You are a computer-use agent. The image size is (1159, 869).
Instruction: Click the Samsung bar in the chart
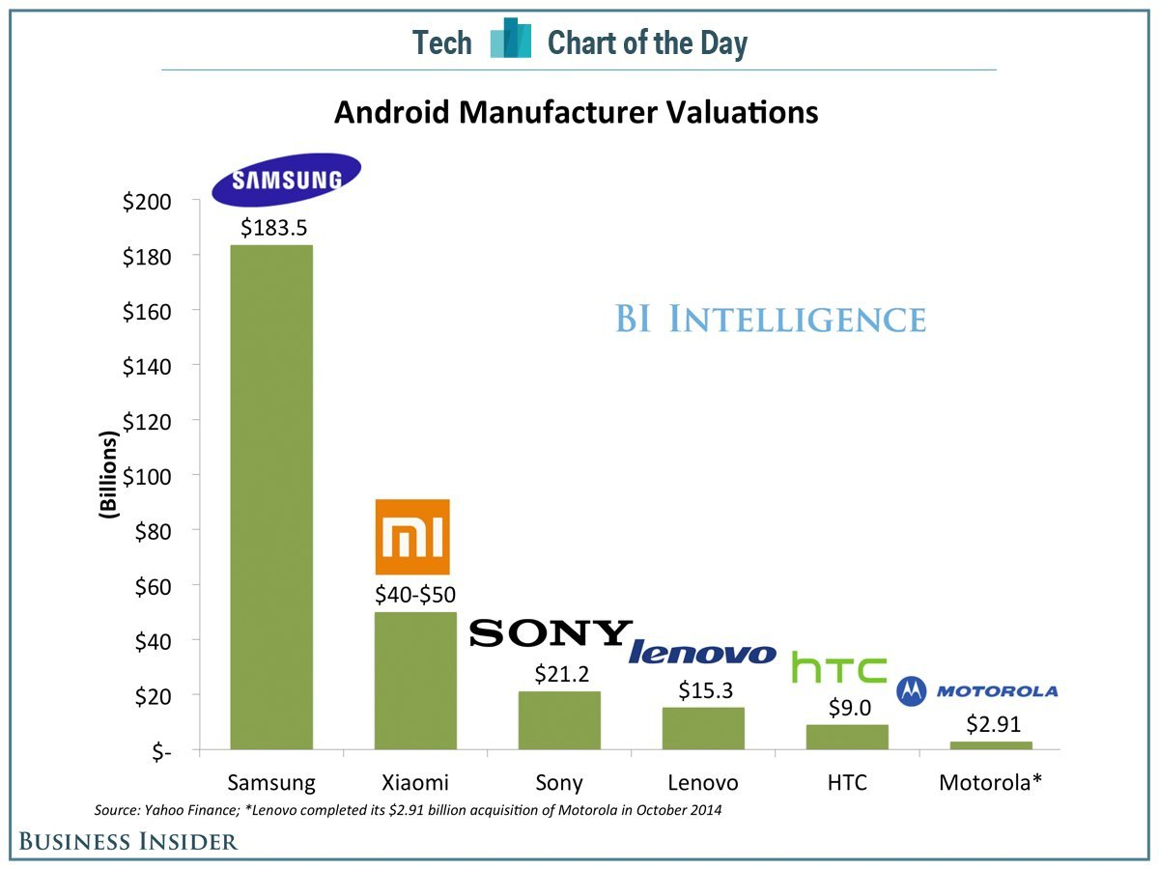coord(270,497)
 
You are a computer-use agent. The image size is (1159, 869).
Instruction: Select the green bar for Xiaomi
coord(415,681)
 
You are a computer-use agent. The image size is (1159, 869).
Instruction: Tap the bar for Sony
coord(559,720)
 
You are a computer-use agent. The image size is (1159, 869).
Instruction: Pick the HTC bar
coord(847,737)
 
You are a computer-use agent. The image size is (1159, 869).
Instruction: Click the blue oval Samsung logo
coord(286,180)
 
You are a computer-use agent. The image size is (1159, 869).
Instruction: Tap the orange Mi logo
coord(412,537)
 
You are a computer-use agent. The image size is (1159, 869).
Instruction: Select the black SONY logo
coord(551,632)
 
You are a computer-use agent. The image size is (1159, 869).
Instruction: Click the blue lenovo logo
coord(702,654)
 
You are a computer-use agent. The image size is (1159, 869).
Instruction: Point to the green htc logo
coord(838,667)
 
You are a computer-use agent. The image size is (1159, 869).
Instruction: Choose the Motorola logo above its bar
coord(977,690)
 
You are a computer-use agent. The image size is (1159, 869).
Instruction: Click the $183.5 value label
coord(270,228)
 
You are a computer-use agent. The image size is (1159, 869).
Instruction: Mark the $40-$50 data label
coord(415,595)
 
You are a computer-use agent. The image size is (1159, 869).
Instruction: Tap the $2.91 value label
coord(991,724)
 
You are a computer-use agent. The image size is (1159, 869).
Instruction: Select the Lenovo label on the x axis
coord(702,782)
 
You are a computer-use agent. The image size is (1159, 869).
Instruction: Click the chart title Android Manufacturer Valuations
coord(577,113)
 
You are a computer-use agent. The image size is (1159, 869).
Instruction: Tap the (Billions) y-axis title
coord(109,476)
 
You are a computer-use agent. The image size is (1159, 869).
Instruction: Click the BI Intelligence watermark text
coord(770,319)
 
